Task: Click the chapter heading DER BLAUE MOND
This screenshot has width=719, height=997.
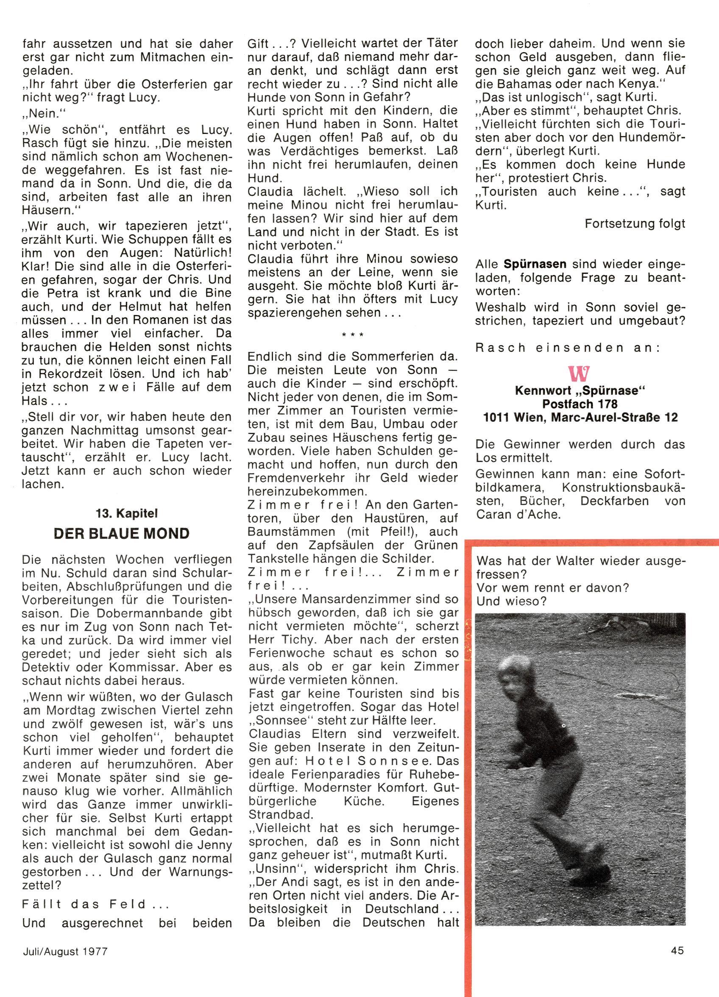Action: pyautogui.click(x=121, y=534)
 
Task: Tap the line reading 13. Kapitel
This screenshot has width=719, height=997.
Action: pyautogui.click(x=127, y=513)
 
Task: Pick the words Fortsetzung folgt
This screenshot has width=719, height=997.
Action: pyautogui.click(x=635, y=224)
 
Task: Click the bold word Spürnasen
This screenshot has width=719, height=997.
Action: pyautogui.click(x=535, y=264)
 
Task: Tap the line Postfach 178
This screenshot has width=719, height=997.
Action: pyautogui.click(x=580, y=404)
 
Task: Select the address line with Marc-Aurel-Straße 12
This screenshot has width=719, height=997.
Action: pyautogui.click(x=580, y=417)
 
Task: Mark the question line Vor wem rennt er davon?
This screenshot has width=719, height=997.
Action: pyautogui.click(x=552, y=588)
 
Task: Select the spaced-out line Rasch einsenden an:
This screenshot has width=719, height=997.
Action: pyautogui.click(x=567, y=348)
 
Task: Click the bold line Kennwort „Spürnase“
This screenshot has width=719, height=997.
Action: pyautogui.click(x=580, y=390)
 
